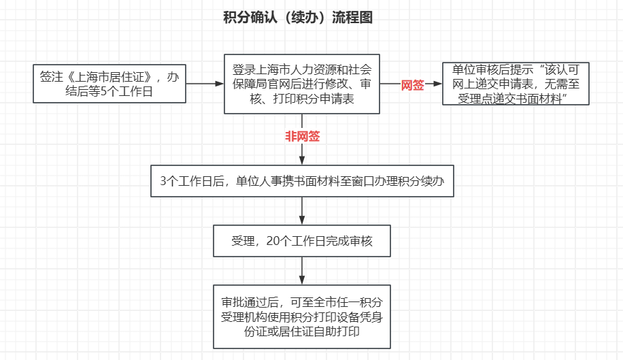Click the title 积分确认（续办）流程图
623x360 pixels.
298,18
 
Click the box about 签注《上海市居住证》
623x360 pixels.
110,84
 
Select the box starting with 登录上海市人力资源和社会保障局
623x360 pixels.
302,84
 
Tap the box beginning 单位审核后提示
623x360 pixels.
516,84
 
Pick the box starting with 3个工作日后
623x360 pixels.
302,181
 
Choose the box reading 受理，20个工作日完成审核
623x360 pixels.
302,241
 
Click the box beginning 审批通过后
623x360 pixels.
302,316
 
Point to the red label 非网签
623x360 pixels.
303,136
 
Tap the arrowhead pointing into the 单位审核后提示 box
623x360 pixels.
437,84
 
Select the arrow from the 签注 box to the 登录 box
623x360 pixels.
205,84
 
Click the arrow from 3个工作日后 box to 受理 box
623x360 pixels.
302,210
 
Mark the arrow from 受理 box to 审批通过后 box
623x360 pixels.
302,271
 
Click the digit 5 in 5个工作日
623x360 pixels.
103,91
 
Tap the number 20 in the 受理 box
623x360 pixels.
273,241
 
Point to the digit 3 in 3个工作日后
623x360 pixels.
163,181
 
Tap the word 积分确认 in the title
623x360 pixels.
250,18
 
